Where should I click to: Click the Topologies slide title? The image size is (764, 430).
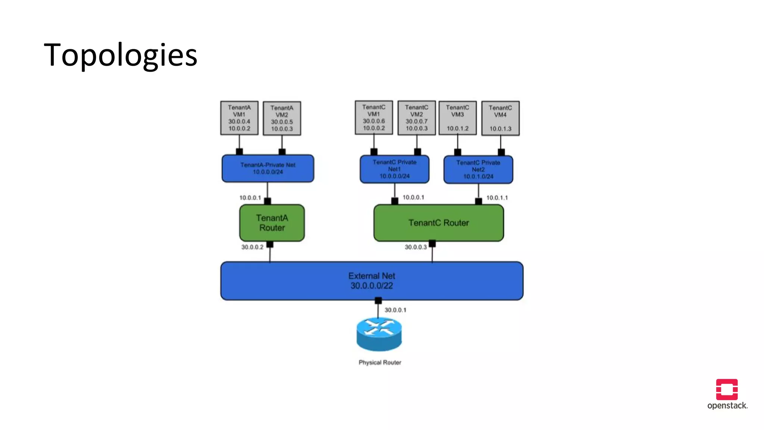point(120,55)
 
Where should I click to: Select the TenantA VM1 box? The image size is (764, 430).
point(239,118)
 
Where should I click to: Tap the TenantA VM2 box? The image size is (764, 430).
point(282,118)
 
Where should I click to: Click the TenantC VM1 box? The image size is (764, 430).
point(373,118)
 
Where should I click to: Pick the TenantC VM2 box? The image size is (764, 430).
point(416,118)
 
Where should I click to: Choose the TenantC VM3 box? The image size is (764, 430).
point(457,118)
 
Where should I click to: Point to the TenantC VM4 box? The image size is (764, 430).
point(500,118)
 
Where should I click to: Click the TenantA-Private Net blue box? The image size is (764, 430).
point(267,168)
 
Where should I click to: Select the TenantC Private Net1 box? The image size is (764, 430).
point(394,169)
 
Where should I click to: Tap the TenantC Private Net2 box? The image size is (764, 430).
point(478,169)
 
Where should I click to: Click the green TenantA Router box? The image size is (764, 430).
point(272,223)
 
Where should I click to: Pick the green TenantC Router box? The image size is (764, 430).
point(438,223)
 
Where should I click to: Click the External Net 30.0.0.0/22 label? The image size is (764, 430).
point(372,281)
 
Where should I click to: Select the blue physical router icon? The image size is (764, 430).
point(379,334)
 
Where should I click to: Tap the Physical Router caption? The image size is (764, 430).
point(380,362)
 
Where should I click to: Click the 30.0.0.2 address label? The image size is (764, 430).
point(252,247)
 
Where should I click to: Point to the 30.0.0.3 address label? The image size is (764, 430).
point(416,247)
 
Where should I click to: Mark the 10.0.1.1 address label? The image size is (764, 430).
point(497,198)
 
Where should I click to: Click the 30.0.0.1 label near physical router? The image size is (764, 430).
point(395,310)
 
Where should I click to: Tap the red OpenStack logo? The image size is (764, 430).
point(727,389)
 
